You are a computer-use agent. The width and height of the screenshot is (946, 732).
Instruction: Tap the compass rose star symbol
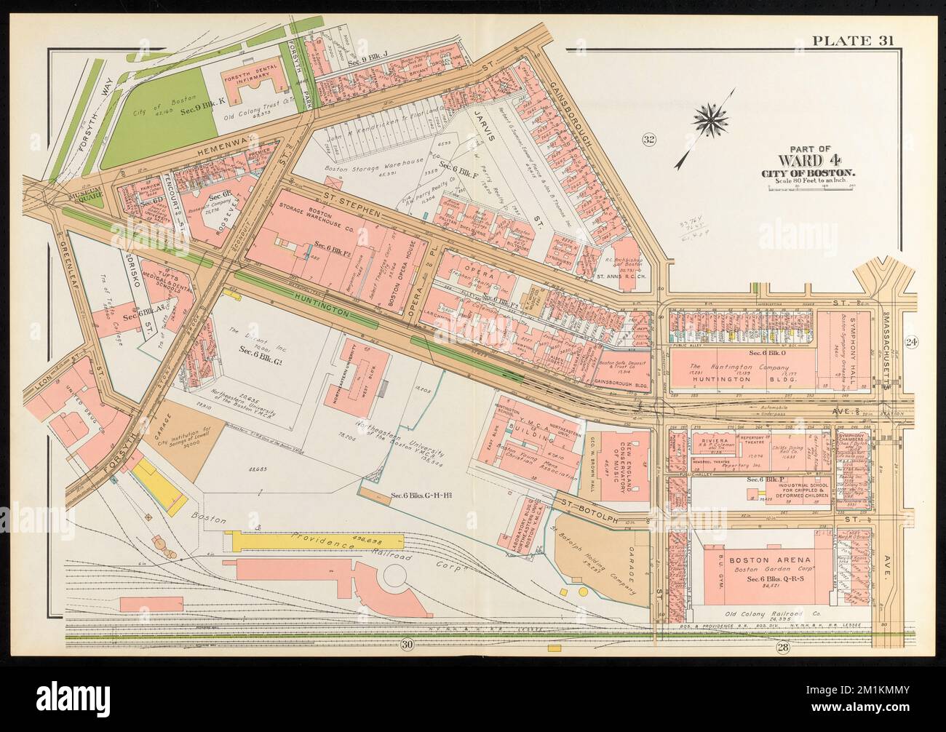(x=705, y=116)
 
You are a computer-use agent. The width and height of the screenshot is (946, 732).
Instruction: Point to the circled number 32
(x=651, y=139)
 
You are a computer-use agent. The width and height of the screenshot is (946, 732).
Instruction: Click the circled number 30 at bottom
(x=406, y=643)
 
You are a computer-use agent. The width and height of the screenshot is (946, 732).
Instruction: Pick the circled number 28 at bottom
(x=782, y=648)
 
